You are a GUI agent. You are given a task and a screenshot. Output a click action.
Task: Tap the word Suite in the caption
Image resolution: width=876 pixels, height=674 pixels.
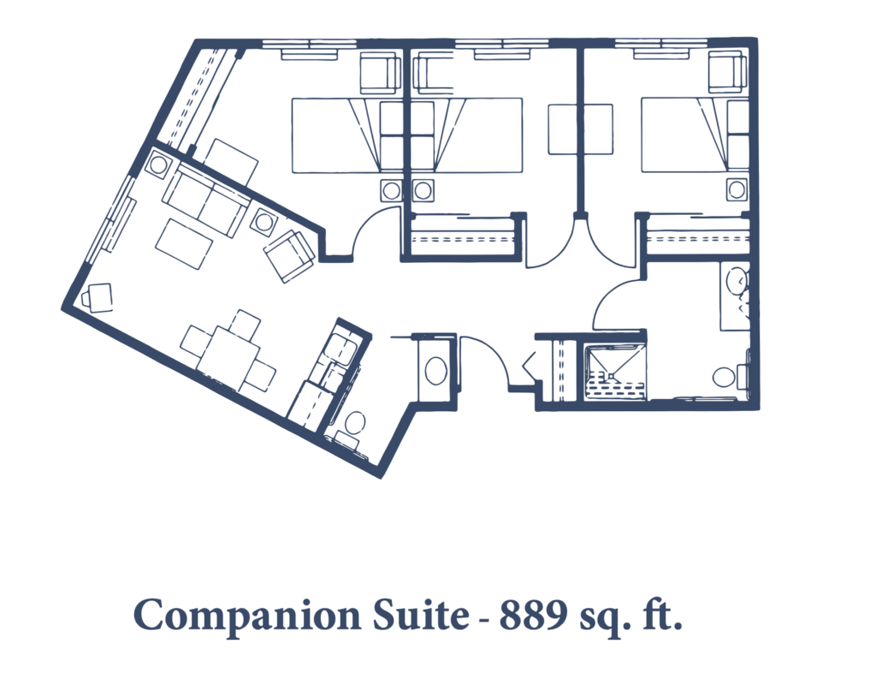click(x=420, y=615)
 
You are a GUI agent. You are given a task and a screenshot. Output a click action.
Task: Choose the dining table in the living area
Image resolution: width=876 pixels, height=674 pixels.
click(x=228, y=352)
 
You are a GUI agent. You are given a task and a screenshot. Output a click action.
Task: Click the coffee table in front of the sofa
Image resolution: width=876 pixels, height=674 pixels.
click(x=184, y=244)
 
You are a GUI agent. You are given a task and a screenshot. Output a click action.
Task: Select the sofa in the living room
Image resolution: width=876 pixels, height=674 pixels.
click(x=206, y=199)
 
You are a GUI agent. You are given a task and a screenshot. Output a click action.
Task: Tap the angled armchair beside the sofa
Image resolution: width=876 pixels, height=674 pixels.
click(x=289, y=255)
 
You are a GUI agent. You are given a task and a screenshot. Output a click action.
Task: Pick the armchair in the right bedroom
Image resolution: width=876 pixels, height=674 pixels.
click(x=728, y=71)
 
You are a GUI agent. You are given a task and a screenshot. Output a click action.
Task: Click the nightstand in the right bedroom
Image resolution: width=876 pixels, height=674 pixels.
click(x=737, y=189)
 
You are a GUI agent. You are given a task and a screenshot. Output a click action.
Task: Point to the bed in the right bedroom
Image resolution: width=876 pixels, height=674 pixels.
click(x=695, y=134)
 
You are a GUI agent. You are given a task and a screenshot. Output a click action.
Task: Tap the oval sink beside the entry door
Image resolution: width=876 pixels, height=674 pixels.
click(x=436, y=370)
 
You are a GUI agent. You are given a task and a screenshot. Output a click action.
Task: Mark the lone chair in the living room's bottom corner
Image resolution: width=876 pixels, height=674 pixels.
click(x=98, y=297)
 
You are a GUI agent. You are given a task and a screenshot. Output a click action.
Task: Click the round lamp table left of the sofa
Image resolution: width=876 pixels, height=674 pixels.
click(x=158, y=165)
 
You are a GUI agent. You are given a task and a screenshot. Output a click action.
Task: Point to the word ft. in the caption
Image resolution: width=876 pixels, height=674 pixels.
click(x=661, y=614)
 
